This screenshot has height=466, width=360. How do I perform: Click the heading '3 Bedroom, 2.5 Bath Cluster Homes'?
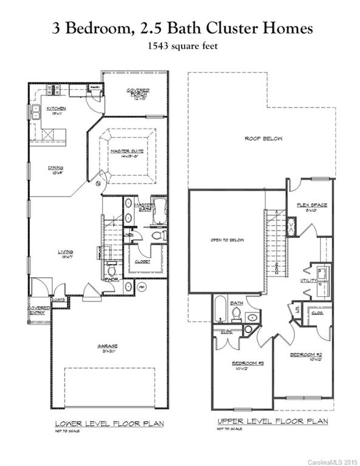[x=180, y=28]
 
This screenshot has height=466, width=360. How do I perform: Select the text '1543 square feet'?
[x=180, y=46]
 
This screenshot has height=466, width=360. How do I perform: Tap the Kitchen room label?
[x=58, y=110]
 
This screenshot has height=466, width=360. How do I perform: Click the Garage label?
[x=109, y=348]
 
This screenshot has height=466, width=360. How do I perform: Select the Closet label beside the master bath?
[x=142, y=262]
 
